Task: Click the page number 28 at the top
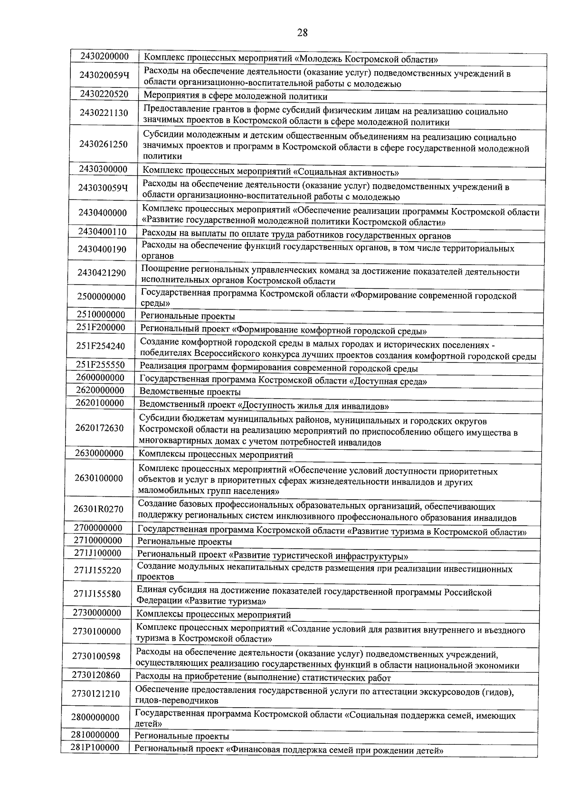click(303, 32)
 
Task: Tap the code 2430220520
click(104, 94)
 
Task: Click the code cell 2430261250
click(103, 144)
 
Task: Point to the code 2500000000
click(101, 297)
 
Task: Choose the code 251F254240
click(101, 346)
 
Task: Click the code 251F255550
click(101, 365)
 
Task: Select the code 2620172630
click(99, 428)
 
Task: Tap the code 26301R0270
click(98, 509)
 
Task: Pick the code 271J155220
click(98, 570)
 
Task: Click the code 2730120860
click(96, 675)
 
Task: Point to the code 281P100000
click(95, 747)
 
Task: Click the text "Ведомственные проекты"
click(190, 392)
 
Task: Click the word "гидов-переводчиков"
click(177, 700)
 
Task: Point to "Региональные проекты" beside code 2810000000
click(182, 736)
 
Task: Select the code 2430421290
click(102, 273)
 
